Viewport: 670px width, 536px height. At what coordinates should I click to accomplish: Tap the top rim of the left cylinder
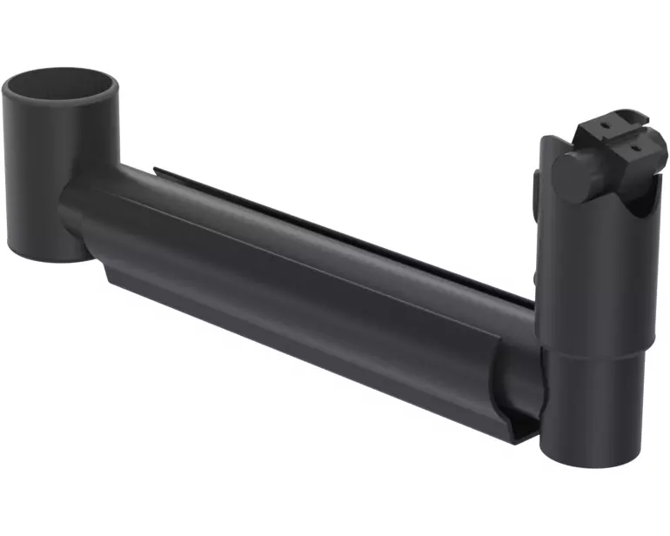59,73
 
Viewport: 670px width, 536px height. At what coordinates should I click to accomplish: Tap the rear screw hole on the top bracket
606,124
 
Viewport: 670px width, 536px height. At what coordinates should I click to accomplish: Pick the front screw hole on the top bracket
636,148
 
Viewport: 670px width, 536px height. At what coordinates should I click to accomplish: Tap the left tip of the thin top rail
157,170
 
